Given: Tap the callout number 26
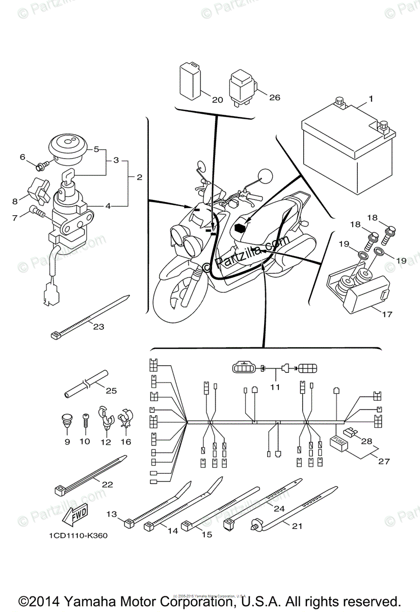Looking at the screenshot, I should [275, 97].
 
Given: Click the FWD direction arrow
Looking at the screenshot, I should [74, 516].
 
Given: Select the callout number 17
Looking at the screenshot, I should [387, 314].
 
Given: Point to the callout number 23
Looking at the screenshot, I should [98, 326].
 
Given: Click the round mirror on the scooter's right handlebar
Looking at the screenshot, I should [265, 176].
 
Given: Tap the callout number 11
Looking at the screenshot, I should [275, 387].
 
